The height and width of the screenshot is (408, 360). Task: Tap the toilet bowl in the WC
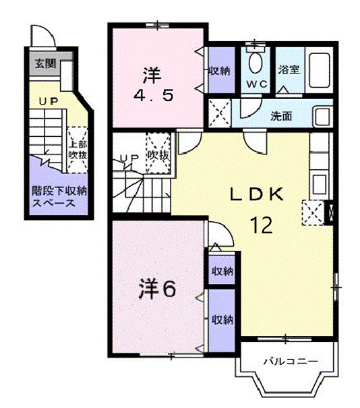coord(256,63)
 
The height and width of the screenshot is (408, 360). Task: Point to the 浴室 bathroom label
coord(289,68)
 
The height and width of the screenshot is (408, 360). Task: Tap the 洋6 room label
coord(158,289)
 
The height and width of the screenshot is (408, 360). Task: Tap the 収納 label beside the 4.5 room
coord(220,69)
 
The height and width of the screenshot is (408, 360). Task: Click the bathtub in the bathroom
coord(318,71)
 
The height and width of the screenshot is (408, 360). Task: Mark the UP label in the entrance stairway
coord(47,101)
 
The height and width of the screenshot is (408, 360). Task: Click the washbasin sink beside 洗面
coord(322,116)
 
